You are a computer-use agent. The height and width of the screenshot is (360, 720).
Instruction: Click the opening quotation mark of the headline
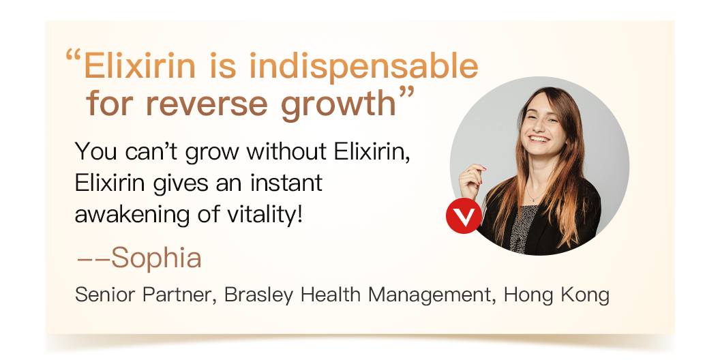click(73, 56)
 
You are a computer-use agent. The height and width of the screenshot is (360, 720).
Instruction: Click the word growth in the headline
click(338, 104)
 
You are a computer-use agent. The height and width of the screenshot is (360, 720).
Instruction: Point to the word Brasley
click(258, 295)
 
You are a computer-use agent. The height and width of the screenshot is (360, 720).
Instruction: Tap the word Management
click(432, 295)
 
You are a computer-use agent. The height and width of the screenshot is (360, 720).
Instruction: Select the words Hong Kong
click(556, 295)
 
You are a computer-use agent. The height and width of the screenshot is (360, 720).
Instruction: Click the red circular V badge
click(464, 216)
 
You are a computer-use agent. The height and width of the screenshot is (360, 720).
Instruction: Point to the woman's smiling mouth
click(539, 138)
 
